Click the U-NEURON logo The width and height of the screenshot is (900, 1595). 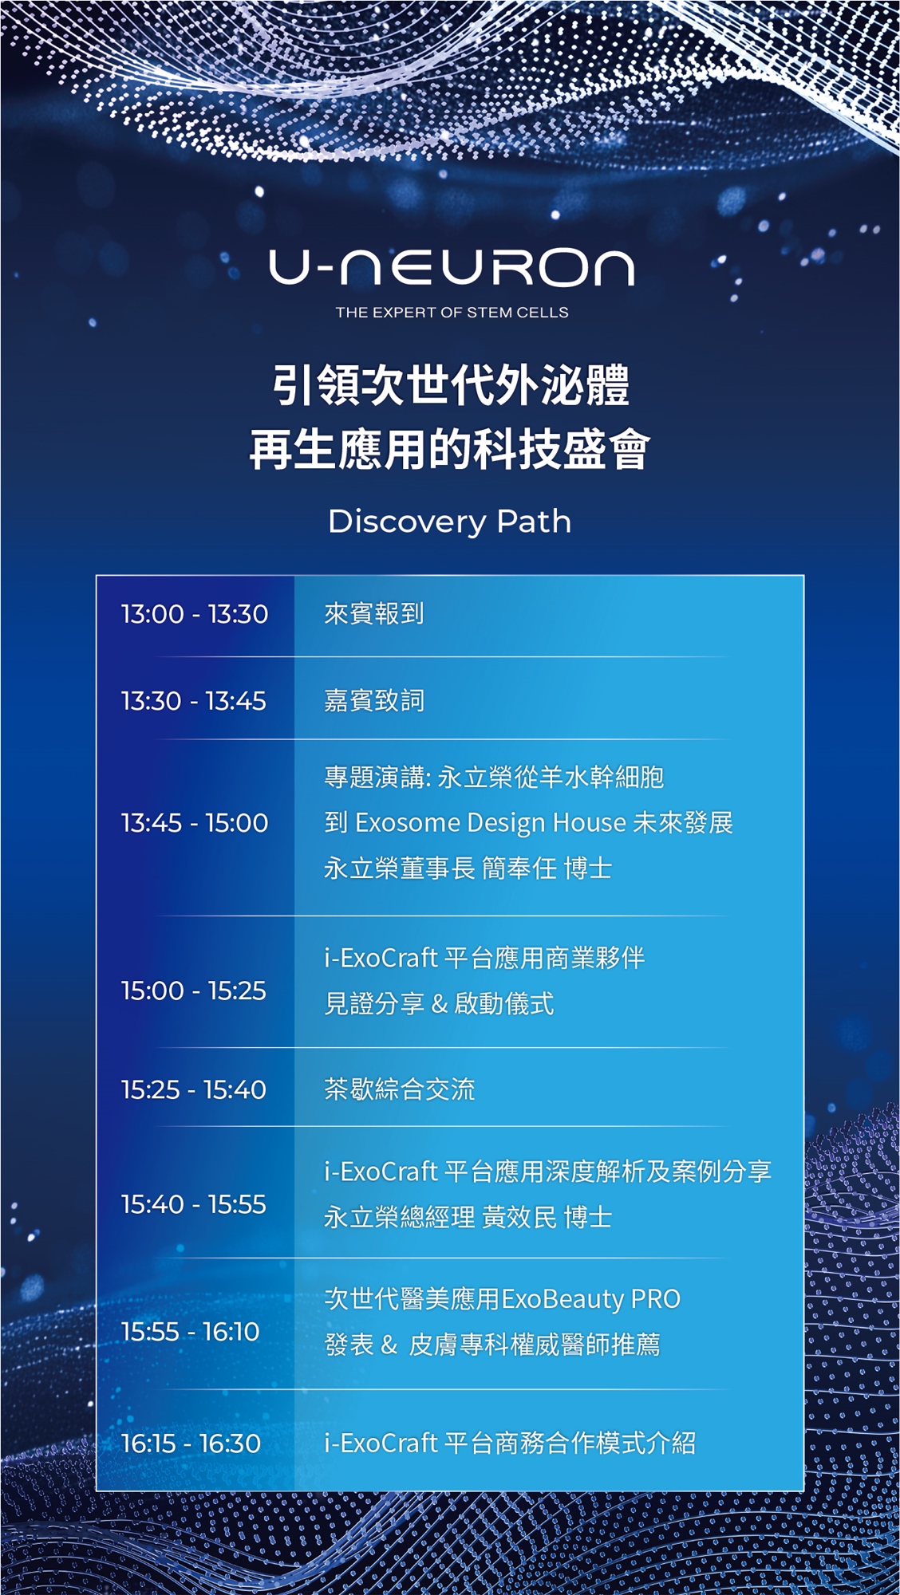tap(452, 267)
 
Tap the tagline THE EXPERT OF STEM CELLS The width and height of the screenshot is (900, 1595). tap(452, 313)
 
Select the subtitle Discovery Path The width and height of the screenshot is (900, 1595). tap(450, 522)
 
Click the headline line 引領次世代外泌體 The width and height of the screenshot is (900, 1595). tap(451, 385)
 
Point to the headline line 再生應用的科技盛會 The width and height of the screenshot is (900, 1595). tap(450, 449)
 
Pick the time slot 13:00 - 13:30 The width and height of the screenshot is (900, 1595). tap(195, 614)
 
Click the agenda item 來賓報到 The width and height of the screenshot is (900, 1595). tap(374, 614)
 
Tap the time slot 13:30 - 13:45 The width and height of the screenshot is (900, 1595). tap(194, 701)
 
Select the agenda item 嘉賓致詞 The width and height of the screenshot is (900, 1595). tap(374, 701)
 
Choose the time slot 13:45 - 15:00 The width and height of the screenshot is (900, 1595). tap(195, 823)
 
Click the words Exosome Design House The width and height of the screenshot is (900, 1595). tap(491, 823)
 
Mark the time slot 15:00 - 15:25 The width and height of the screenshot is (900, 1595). tap(194, 990)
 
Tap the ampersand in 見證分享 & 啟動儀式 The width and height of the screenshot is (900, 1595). tap(439, 1004)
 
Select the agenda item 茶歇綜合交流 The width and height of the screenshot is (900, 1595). tap(400, 1089)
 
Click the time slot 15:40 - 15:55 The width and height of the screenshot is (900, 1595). tap(194, 1204)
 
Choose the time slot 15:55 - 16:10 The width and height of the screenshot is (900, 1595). tap(191, 1331)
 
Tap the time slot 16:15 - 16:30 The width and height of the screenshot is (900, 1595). tap(191, 1443)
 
